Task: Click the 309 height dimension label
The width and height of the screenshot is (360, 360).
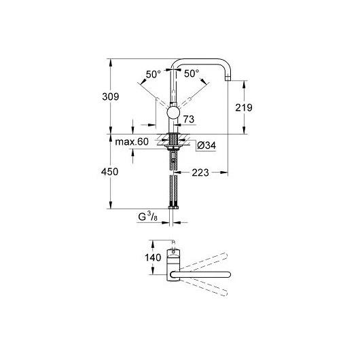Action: (111, 96)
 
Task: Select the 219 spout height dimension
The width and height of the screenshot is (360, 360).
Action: (244, 107)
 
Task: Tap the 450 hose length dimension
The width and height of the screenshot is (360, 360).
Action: (110, 172)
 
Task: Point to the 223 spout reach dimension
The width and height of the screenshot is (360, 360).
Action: (200, 173)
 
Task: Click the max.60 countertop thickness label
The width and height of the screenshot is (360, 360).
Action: (132, 142)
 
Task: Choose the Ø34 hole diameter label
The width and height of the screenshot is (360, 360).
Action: (206, 145)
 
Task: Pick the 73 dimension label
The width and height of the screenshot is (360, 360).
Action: (189, 119)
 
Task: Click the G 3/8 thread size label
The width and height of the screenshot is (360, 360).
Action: (147, 217)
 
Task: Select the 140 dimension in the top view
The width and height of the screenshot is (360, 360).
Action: (153, 257)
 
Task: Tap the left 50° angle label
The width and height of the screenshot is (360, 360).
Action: (154, 74)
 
